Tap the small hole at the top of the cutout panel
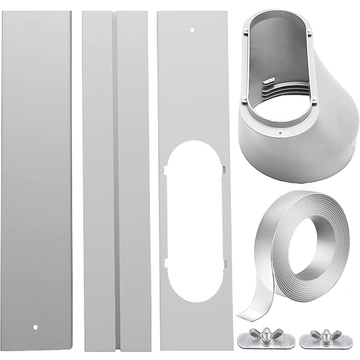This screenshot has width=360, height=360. coord(193,30)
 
